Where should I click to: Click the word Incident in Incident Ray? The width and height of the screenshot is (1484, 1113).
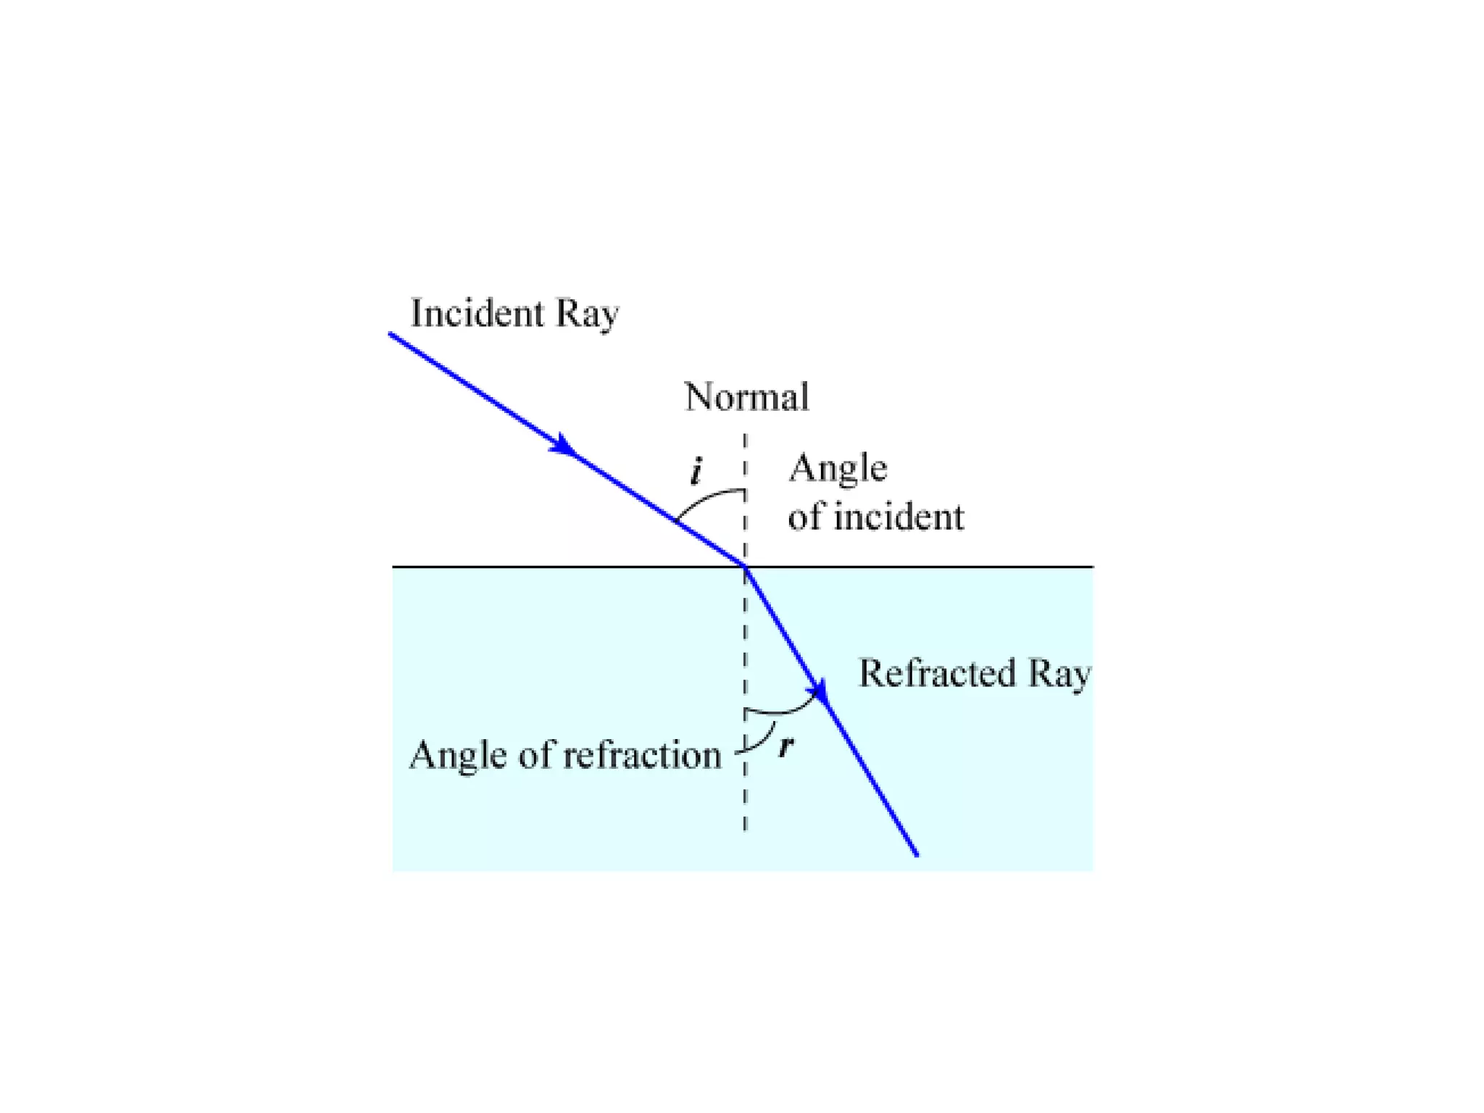[x=477, y=313]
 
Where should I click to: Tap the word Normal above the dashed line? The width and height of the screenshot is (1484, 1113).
[x=746, y=397]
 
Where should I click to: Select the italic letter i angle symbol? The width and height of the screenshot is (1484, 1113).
[x=696, y=471]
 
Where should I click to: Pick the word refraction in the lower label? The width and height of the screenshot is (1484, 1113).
[x=642, y=755]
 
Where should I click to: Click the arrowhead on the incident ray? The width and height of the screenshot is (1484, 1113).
[x=563, y=445]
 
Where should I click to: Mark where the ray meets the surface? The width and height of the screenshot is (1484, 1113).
[x=745, y=566]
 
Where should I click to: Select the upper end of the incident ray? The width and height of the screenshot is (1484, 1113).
[x=391, y=334]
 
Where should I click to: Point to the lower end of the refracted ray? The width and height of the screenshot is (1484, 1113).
[x=917, y=855]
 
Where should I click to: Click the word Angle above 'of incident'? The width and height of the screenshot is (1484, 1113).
[x=838, y=468]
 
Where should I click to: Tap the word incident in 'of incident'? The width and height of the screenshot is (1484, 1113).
[x=899, y=517]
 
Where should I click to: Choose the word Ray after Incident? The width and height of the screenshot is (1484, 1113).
[x=587, y=314]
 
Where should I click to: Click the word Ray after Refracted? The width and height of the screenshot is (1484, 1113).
[x=1059, y=675]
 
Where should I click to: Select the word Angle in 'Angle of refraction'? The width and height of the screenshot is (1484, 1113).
[x=457, y=755]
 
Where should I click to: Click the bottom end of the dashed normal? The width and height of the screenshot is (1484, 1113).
[x=745, y=829]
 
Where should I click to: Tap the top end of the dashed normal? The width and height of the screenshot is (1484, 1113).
[x=745, y=436]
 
